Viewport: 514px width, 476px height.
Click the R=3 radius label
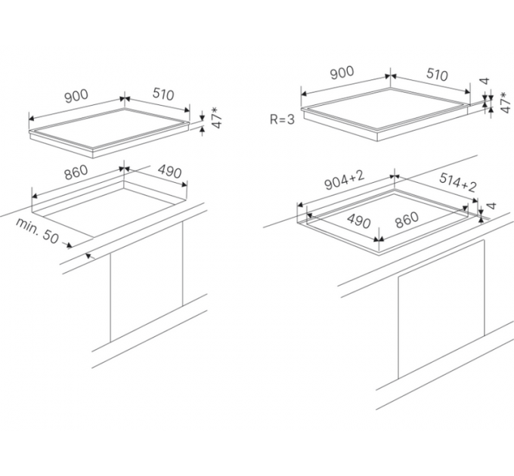click(x=282, y=119)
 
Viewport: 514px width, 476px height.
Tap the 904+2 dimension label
click(x=344, y=181)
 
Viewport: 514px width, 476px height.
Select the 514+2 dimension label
click(x=457, y=182)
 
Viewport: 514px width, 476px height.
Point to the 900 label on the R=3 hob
click(x=342, y=73)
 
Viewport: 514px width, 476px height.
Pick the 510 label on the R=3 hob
click(x=438, y=75)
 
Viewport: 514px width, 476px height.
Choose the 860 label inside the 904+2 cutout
click(x=407, y=220)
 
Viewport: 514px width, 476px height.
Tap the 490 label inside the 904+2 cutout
click(x=359, y=221)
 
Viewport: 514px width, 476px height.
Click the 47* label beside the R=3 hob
click(x=505, y=103)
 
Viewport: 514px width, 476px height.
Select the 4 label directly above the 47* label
click(x=485, y=81)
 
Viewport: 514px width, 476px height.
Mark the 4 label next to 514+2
click(x=492, y=206)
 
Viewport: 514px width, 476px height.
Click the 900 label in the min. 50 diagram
click(x=76, y=96)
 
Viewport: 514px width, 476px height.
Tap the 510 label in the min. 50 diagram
click(x=163, y=94)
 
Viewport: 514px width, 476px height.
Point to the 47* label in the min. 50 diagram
click(x=216, y=117)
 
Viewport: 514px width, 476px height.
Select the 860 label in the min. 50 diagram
click(x=76, y=172)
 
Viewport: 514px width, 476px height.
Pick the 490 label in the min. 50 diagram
click(x=170, y=171)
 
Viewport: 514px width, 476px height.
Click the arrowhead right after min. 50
click(x=69, y=245)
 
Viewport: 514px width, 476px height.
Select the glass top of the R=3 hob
click(x=385, y=108)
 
